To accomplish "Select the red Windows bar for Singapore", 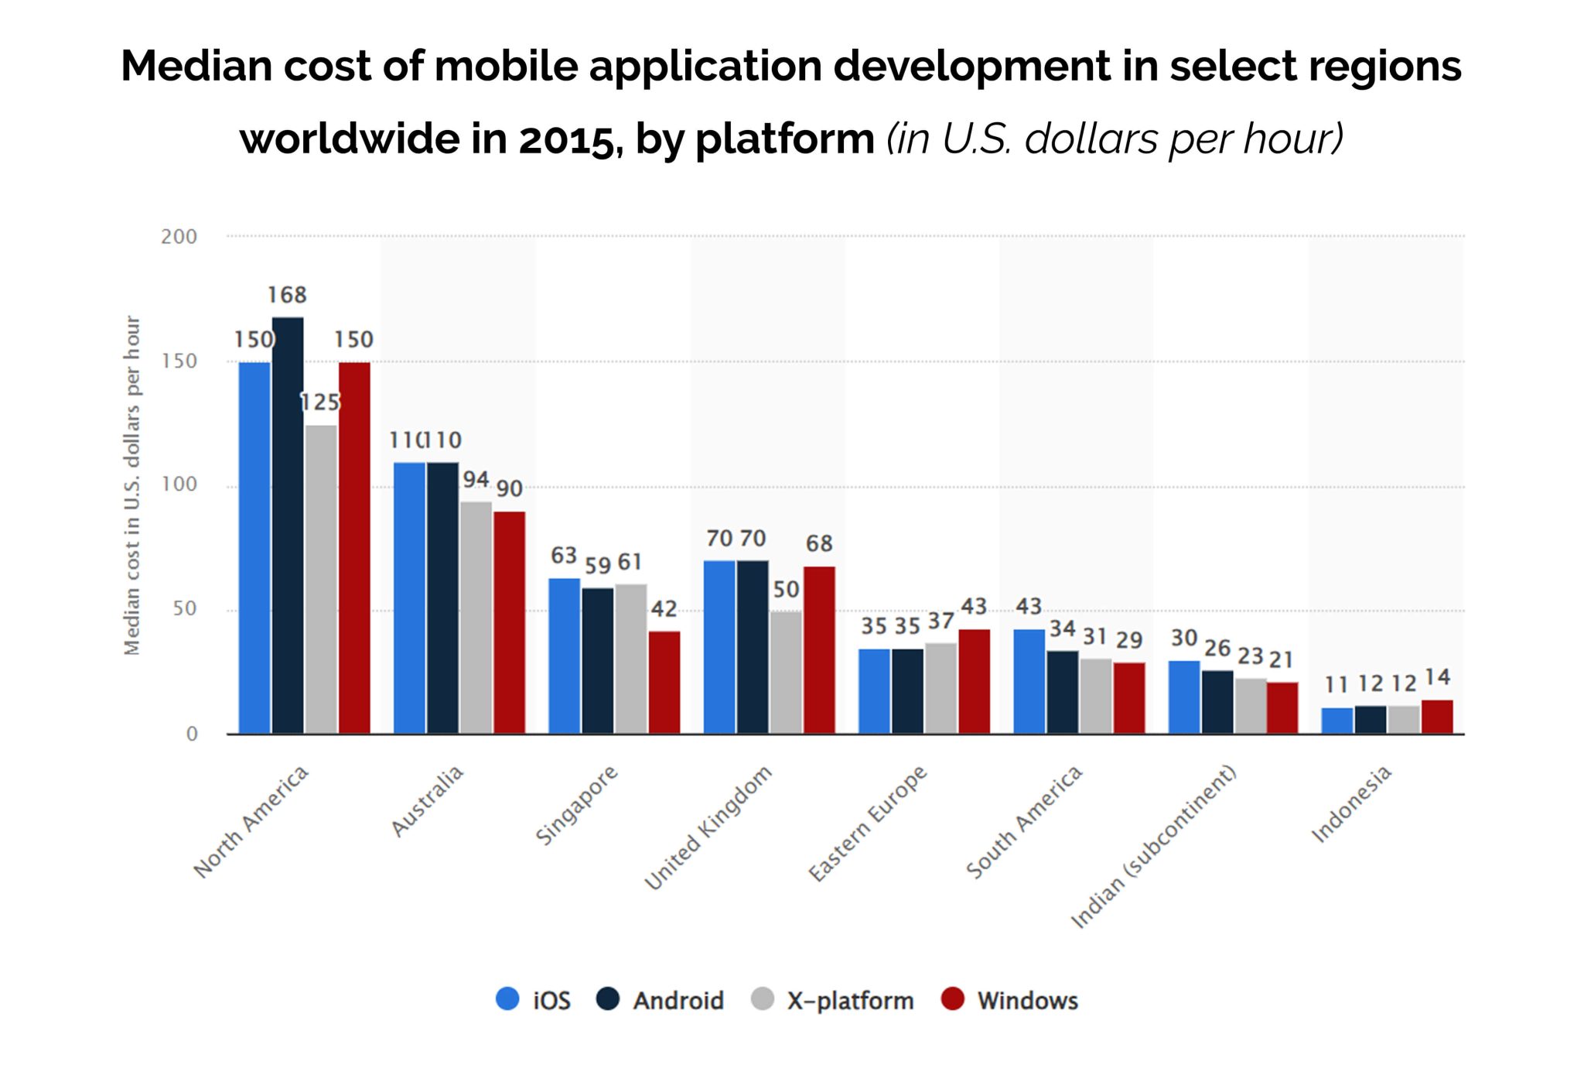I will click(664, 682).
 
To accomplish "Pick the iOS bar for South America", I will click(1029, 681).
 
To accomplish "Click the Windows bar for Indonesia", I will click(1437, 717).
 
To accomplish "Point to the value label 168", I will click(287, 295).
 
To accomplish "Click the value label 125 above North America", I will click(319, 402).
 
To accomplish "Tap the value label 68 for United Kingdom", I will click(819, 543).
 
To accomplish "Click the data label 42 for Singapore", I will click(664, 609).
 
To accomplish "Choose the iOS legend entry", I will click(534, 1000).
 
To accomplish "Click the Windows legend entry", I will click(1010, 1000).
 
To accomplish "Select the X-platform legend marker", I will click(763, 999).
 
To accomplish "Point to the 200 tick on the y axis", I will click(179, 237).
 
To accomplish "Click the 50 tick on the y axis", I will click(185, 609).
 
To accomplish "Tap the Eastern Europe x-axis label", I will click(868, 823).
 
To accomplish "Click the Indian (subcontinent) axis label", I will click(1153, 847).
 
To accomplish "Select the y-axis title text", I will click(133, 485).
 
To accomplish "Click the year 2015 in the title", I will click(565, 139).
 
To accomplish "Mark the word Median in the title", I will click(195, 65).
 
